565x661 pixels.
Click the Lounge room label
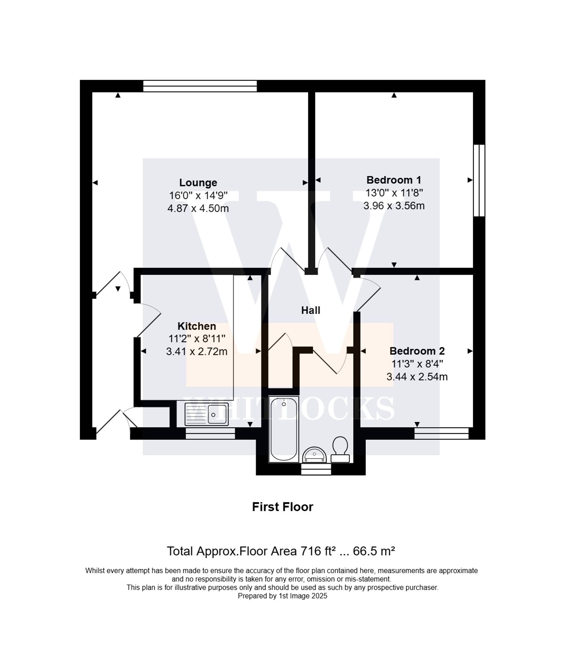(198, 182)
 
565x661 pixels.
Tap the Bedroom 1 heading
(394, 180)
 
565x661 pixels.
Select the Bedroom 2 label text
(417, 351)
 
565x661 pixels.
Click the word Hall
(310, 310)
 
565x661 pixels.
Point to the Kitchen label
(197, 326)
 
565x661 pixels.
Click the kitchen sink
(207, 414)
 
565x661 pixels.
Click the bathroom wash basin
(314, 455)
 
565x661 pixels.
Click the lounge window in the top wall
(200, 86)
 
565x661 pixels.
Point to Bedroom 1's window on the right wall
(479, 181)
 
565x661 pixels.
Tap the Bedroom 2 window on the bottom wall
(441, 433)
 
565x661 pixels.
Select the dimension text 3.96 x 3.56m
(394, 206)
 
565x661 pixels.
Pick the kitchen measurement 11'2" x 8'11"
(197, 338)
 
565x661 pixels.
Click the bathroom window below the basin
(316, 469)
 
